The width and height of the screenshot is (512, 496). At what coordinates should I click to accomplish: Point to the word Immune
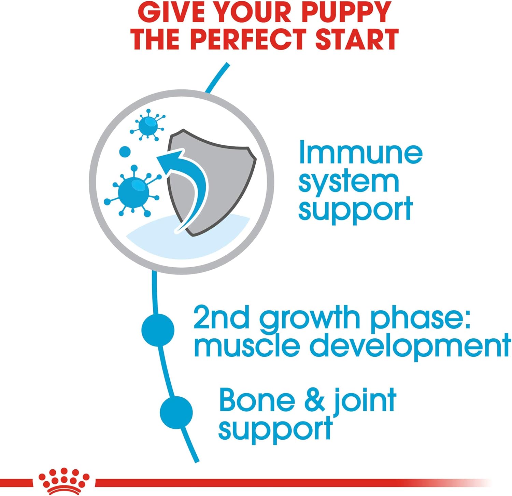click(360, 152)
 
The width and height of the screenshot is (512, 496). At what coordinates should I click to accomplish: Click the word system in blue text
click(349, 183)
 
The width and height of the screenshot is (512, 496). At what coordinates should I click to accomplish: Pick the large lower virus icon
click(133, 192)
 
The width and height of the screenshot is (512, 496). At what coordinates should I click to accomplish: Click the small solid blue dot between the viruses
click(125, 152)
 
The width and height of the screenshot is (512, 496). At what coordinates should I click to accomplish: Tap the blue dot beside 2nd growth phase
click(158, 329)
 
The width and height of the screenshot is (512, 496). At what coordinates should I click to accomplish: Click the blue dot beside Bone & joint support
click(176, 412)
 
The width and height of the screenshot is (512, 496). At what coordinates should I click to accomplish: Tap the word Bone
click(257, 400)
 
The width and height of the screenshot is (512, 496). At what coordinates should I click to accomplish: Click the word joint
click(365, 401)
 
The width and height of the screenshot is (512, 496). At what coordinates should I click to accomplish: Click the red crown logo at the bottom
click(64, 482)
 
